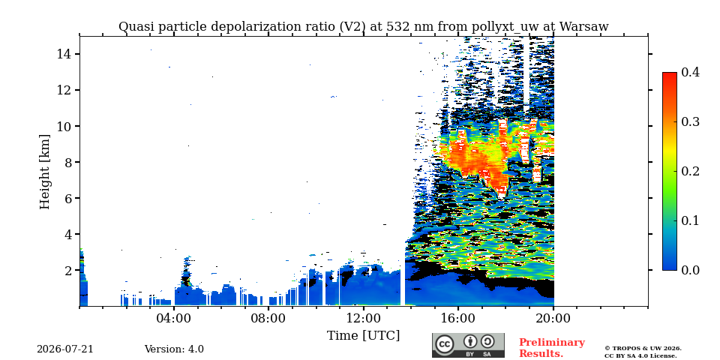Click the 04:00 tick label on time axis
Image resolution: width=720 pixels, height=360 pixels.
click(x=174, y=318)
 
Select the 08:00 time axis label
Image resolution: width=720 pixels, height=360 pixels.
click(x=268, y=318)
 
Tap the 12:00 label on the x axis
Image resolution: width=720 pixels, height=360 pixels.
click(x=364, y=318)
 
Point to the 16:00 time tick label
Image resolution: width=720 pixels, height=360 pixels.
click(x=458, y=318)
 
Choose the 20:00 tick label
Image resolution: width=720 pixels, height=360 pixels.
click(x=553, y=318)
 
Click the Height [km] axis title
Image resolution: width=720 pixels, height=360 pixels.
click(x=44, y=172)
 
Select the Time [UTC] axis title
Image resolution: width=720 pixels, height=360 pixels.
click(x=363, y=336)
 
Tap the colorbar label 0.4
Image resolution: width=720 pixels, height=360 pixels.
click(x=690, y=72)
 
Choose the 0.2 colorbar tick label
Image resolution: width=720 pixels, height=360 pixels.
click(x=690, y=171)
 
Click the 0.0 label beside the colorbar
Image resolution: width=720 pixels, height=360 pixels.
click(x=690, y=270)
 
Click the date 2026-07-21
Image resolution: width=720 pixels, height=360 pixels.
click(x=65, y=349)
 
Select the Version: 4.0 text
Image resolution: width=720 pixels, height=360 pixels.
click(x=174, y=349)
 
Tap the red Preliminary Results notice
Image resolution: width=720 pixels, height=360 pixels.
click(x=552, y=347)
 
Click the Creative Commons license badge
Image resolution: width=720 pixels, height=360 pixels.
click(x=468, y=345)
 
